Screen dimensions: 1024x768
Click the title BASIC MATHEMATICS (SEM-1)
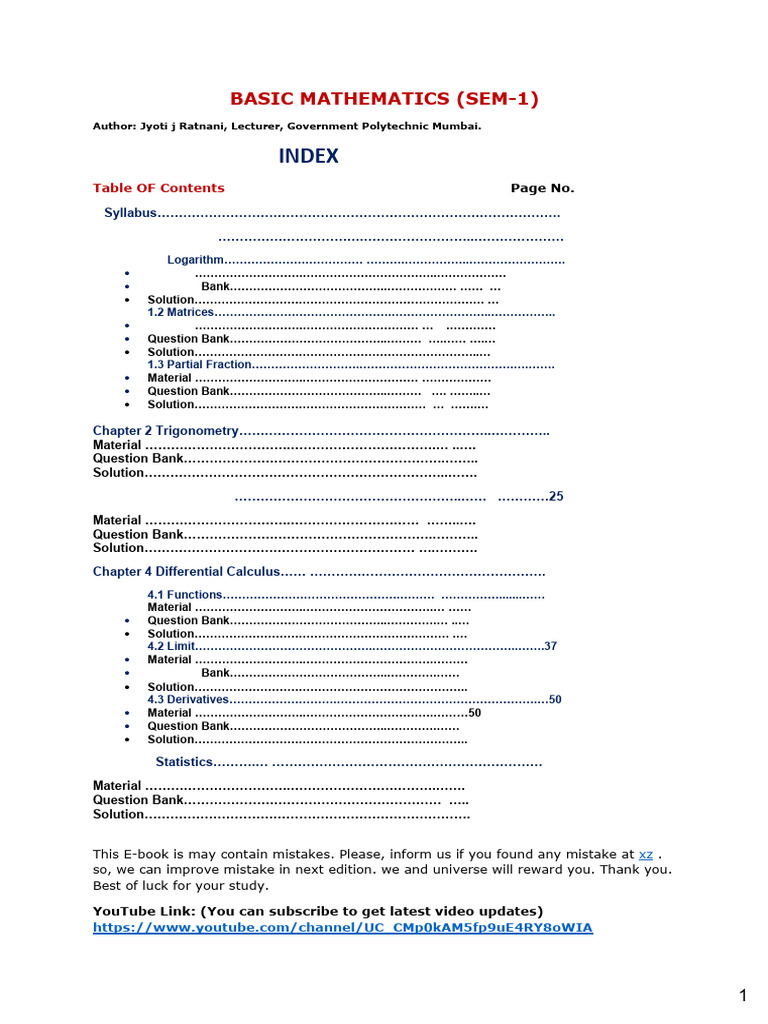pyautogui.click(x=385, y=98)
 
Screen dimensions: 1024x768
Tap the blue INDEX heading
pyautogui.click(x=308, y=156)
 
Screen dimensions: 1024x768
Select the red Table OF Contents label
pyautogui.click(x=158, y=188)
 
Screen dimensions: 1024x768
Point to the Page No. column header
pyautogui.click(x=542, y=188)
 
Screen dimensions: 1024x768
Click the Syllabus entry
pyautogui.click(x=131, y=213)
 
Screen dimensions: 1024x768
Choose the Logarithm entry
pyautogui.click(x=195, y=260)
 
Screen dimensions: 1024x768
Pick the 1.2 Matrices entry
pyautogui.click(x=181, y=312)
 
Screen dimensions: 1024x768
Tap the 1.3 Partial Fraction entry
pyautogui.click(x=199, y=365)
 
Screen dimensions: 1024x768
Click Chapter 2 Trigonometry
pyautogui.click(x=166, y=431)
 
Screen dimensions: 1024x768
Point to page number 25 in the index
pyautogui.click(x=556, y=497)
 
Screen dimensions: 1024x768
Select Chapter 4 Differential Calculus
pyautogui.click(x=187, y=572)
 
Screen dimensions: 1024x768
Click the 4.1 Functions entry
pyautogui.click(x=184, y=595)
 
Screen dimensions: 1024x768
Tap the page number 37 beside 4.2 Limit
pyautogui.click(x=550, y=646)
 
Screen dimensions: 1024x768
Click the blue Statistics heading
pyautogui.click(x=184, y=762)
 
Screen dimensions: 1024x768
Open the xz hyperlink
pyautogui.click(x=646, y=855)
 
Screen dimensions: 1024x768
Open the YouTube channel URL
pyautogui.click(x=342, y=928)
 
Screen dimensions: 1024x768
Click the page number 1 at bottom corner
pyautogui.click(x=743, y=995)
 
